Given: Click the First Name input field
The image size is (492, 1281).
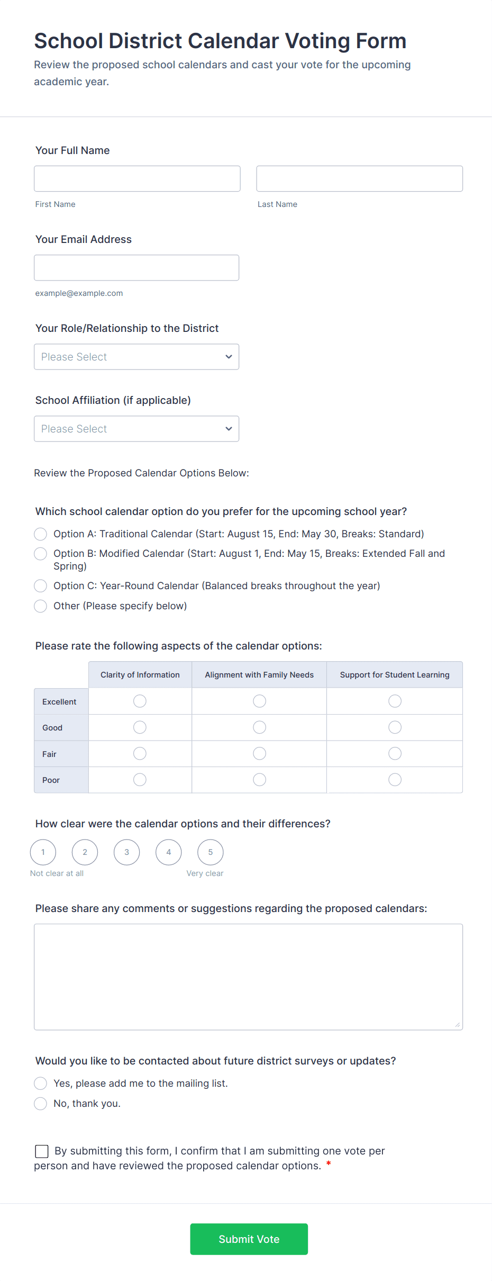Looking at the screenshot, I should coord(137,178).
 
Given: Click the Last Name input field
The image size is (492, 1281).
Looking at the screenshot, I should coord(359,178).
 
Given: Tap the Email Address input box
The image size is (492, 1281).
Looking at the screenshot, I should coord(136,268).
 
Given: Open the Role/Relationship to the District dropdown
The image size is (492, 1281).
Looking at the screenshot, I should coord(136,357).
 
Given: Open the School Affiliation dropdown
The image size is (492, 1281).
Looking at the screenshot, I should coord(136,429).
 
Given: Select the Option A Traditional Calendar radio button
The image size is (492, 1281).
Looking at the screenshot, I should coord(41,534).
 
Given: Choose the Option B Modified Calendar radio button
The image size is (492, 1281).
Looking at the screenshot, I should coord(41,554).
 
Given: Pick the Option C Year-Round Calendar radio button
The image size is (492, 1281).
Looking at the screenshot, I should coord(41,586).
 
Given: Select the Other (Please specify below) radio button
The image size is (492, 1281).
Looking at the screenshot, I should coord(41,606).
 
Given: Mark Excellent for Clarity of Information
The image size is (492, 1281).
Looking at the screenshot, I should coord(140,701).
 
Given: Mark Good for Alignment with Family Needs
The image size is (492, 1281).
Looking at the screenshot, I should coord(259,727).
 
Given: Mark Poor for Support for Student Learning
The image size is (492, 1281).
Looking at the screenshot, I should coord(395,780).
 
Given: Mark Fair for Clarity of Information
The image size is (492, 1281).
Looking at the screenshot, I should coord(140,753).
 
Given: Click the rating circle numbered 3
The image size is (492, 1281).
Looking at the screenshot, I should coord(127,852).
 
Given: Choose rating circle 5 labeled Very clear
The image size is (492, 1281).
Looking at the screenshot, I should coord(211,852).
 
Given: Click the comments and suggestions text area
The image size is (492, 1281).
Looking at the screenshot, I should coord(248,977).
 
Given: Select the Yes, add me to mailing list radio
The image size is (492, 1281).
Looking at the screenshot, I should coord(41,1084).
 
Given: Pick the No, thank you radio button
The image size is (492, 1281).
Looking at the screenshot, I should coord(41,1104).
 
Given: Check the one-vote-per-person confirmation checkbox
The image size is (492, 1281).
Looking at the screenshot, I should coord(42,1151).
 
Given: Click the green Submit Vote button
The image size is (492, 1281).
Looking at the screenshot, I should coord(249,1239).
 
